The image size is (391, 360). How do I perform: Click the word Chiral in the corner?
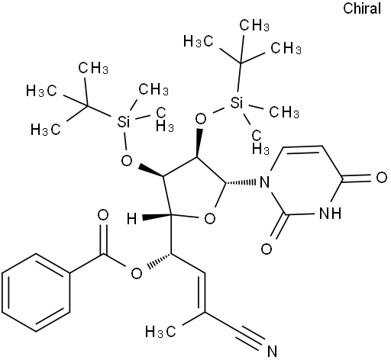click(x=362, y=8)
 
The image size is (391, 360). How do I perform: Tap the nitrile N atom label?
click(x=272, y=351)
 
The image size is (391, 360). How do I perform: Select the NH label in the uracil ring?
click(x=330, y=213)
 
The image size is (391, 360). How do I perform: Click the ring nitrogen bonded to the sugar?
click(x=265, y=182)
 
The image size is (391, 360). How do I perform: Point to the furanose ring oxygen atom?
click(x=210, y=219)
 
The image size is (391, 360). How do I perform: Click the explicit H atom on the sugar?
click(x=132, y=219)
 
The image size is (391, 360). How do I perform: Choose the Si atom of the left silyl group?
click(x=123, y=121)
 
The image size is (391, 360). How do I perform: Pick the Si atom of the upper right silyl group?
click(x=237, y=103)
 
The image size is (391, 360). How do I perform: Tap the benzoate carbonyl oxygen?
click(x=103, y=215)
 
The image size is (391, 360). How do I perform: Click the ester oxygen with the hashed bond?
click(x=137, y=274)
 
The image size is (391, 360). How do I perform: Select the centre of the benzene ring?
click(x=36, y=292)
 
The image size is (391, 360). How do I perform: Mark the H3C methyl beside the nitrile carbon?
click(x=160, y=332)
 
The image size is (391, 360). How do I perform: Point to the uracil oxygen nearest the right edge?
click(x=381, y=178)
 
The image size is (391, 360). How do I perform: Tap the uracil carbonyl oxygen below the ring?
click(x=267, y=249)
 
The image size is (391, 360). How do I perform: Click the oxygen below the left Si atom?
click(x=127, y=160)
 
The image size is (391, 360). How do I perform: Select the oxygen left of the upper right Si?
click(x=201, y=118)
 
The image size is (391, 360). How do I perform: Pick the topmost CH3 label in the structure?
click(x=254, y=25)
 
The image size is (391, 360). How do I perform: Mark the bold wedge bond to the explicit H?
click(x=157, y=217)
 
